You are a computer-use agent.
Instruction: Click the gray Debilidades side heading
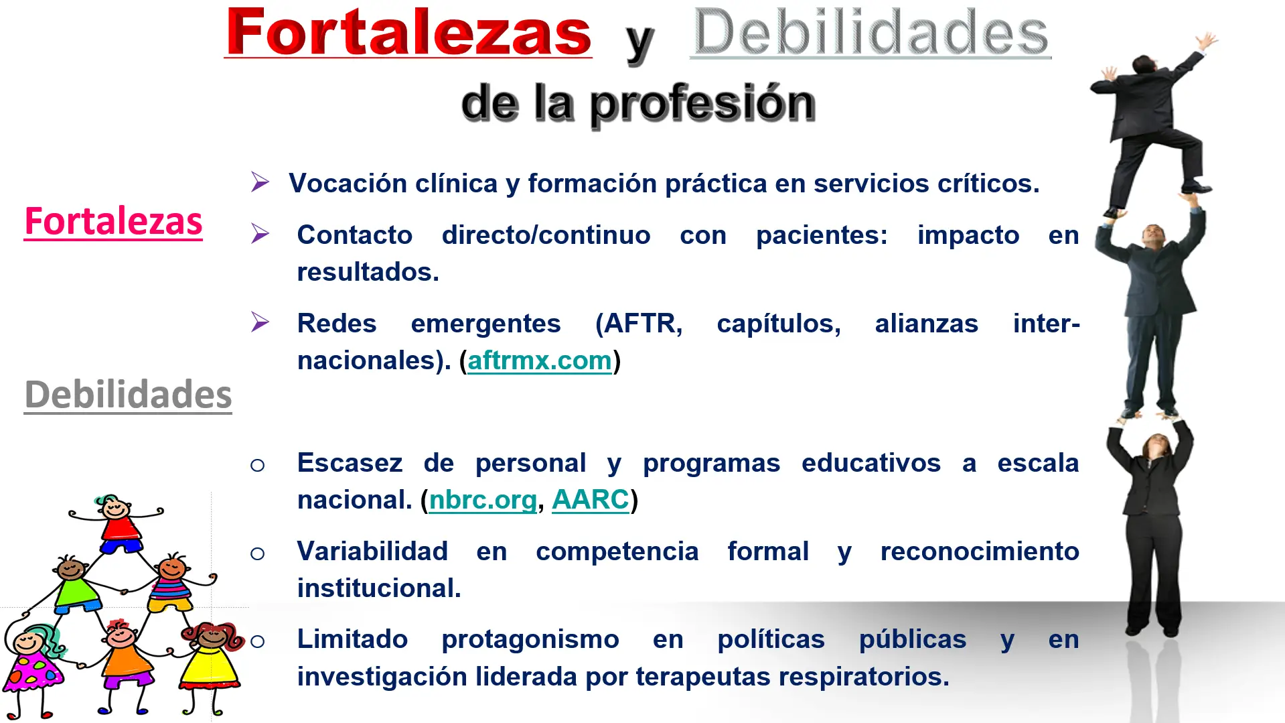[128, 394]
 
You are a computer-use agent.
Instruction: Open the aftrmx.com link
[540, 360]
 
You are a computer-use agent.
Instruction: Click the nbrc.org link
[483, 500]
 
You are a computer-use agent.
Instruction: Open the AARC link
[591, 500]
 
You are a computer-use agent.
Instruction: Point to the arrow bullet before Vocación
[260, 182]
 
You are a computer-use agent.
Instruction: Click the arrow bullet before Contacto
[260, 233]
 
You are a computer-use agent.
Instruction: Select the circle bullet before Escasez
[257, 464]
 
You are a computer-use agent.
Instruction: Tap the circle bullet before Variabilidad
[257, 553]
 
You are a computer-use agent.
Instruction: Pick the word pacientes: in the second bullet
[822, 235]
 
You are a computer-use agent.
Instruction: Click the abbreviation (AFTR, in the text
[639, 324]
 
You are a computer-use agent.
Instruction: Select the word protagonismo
[530, 639]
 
